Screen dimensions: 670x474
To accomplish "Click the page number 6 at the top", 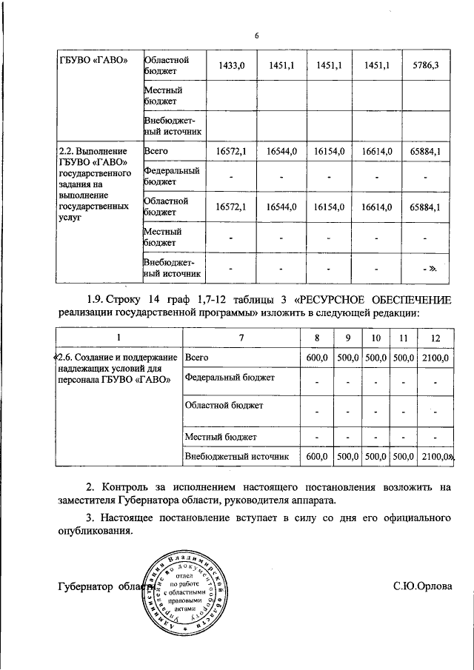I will click(257, 36).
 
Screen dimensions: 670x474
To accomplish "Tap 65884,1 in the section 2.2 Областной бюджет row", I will click(425, 207).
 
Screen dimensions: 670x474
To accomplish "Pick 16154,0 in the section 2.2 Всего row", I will click(330, 151).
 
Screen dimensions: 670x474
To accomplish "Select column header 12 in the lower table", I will click(435, 338).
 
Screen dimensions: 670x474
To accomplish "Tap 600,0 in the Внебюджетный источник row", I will click(316, 457).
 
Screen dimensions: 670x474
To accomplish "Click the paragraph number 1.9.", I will click(96, 300).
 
